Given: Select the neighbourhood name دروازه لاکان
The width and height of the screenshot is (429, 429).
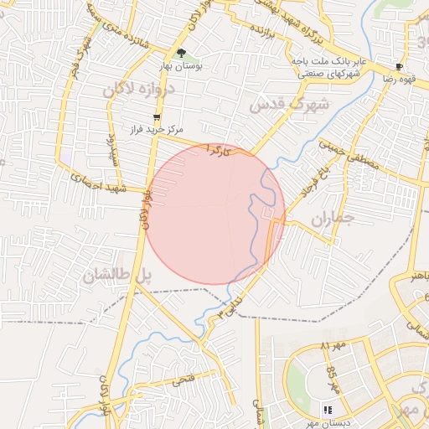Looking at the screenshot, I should coord(139,90).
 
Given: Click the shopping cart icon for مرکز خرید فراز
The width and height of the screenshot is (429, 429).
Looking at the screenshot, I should coord(156,117).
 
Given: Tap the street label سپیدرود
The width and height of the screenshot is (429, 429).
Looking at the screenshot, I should coord(110,148).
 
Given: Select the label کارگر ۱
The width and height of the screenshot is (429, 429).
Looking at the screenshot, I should coord(219,149).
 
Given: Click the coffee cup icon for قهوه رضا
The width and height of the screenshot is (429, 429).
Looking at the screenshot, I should coord(400,66).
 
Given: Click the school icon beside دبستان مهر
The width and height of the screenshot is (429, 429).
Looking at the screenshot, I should coord(328,410).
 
